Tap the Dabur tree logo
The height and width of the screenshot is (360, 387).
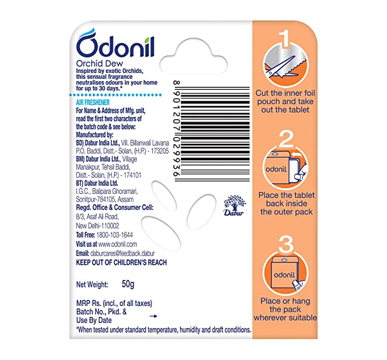pyautogui.click(x=235, y=205)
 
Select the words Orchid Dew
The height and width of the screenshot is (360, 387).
pyautogui.click(x=100, y=63)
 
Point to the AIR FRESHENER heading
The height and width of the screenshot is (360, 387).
pyautogui.click(x=93, y=103)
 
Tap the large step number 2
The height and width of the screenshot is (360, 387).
pyautogui.click(x=286, y=139)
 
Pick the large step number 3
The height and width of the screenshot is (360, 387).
pyautogui.click(x=286, y=244)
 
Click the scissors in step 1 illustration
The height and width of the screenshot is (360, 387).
pyautogui.click(x=281, y=66)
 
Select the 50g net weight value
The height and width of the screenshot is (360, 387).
pyautogui.click(x=128, y=284)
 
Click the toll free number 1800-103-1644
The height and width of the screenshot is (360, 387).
pyautogui.click(x=115, y=234)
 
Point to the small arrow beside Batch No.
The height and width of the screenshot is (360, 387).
pyautogui.click(x=153, y=316)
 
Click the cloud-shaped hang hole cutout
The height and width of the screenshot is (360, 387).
pyautogui.click(x=194, y=57)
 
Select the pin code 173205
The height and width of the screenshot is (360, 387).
pyautogui.click(x=160, y=151)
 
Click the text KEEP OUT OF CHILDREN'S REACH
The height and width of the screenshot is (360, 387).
pyautogui.click(x=121, y=262)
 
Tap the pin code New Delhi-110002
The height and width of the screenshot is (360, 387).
pyautogui.click(x=97, y=225)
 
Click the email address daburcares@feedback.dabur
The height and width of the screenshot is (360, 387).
pyautogui.click(x=123, y=253)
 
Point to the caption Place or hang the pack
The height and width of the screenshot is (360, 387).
pyautogui.click(x=285, y=305)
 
